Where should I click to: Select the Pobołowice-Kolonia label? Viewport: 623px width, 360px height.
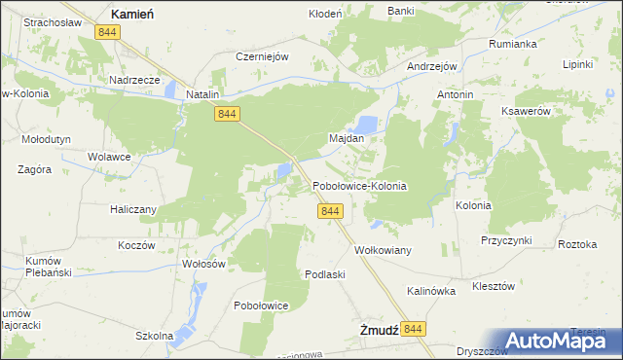(359, 185)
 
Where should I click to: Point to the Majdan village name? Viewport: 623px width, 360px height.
(347, 139)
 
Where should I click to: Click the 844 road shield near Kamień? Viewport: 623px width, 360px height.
(108, 33)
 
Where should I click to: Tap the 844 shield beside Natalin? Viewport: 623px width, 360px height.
(226, 114)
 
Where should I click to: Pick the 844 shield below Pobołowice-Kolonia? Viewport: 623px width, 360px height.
(330, 211)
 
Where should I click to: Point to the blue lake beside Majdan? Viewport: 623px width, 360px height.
(367, 124)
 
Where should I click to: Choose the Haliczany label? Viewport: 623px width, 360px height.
(130, 208)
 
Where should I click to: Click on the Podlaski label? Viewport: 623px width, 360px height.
(325, 274)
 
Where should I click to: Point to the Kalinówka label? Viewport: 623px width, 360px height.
(431, 291)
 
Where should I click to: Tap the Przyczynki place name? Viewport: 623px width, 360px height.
(505, 239)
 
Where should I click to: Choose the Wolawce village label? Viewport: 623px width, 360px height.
(109, 156)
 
